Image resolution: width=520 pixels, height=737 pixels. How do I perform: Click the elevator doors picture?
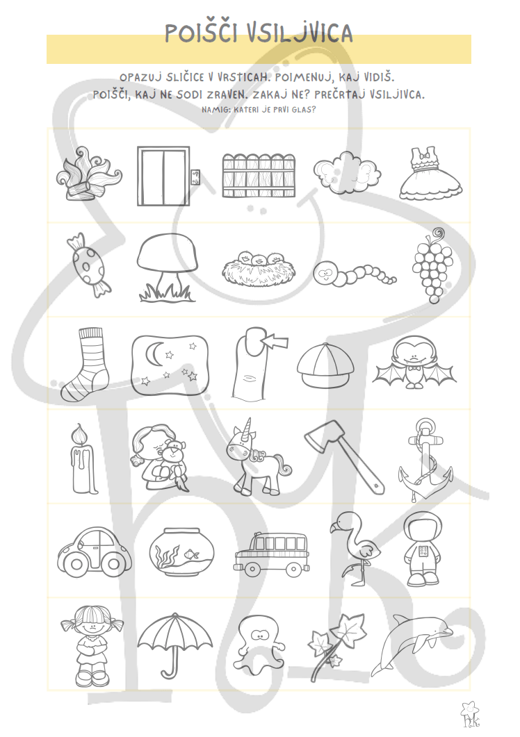[163, 176]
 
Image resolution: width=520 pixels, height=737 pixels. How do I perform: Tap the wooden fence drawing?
[259, 175]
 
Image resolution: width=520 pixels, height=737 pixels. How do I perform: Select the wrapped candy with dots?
[89, 265]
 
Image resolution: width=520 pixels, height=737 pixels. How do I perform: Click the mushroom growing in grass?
[168, 267]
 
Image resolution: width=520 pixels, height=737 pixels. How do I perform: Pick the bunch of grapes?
[432, 265]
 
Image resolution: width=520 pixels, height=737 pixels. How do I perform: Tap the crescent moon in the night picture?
[156, 352]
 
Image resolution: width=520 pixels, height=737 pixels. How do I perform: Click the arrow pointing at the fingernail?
[276, 340]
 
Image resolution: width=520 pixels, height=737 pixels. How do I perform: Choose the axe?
[344, 456]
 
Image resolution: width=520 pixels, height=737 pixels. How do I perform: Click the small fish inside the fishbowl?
[190, 554]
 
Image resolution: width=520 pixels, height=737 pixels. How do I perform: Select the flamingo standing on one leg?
[355, 548]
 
